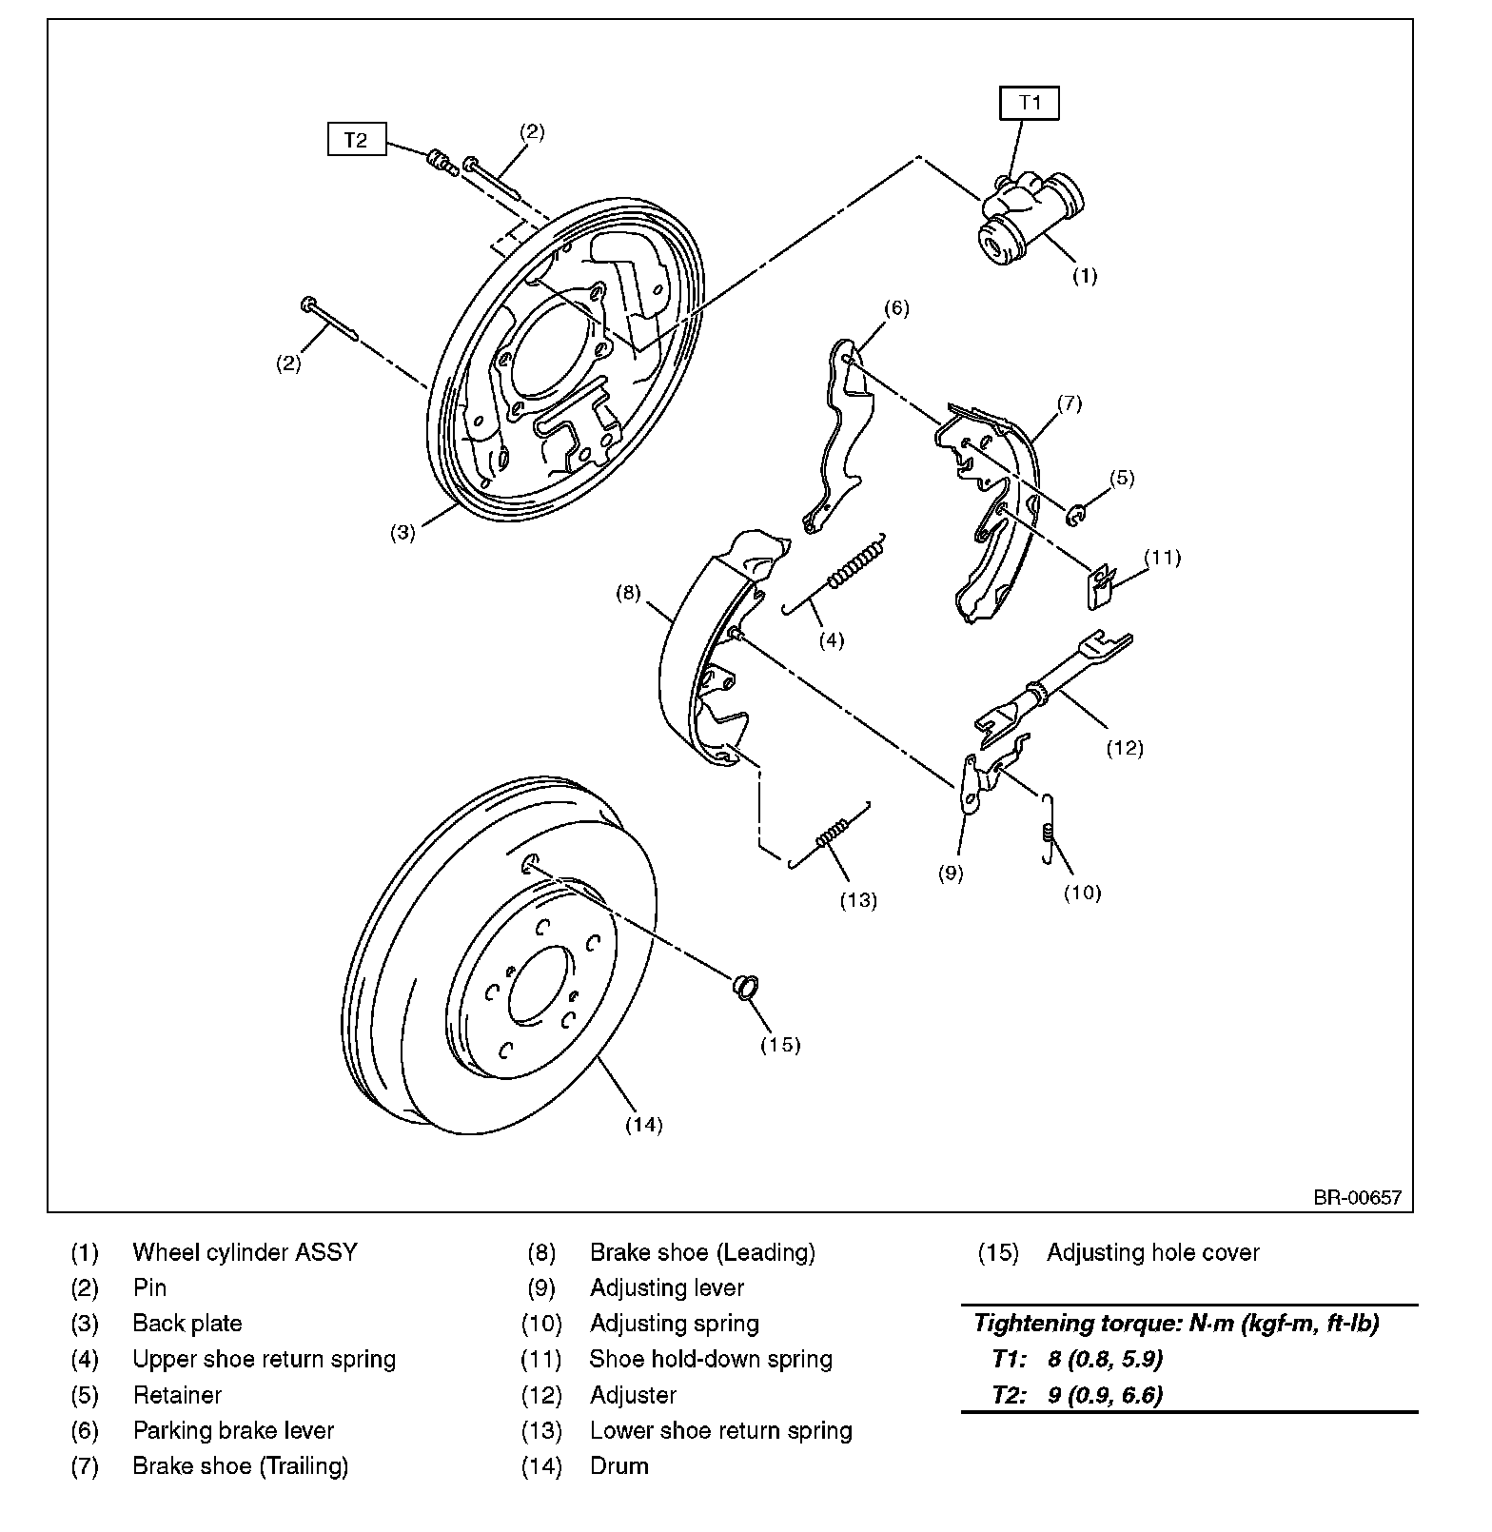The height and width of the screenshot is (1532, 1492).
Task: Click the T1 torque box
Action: [1030, 103]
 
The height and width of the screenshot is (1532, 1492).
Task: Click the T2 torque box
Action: [355, 140]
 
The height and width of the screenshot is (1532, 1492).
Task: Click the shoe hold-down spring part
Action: [1102, 586]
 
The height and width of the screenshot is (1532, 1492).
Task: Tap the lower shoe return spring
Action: [830, 836]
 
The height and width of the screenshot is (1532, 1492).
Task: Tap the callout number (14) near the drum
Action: [643, 1124]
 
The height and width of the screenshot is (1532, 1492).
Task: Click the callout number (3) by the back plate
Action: [402, 532]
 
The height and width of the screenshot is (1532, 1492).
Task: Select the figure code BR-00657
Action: [1357, 1197]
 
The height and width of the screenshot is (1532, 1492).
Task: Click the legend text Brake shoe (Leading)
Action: [702, 1252]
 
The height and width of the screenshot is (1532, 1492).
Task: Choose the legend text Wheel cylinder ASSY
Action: [245, 1252]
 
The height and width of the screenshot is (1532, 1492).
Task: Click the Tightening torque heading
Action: [1176, 1323]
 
